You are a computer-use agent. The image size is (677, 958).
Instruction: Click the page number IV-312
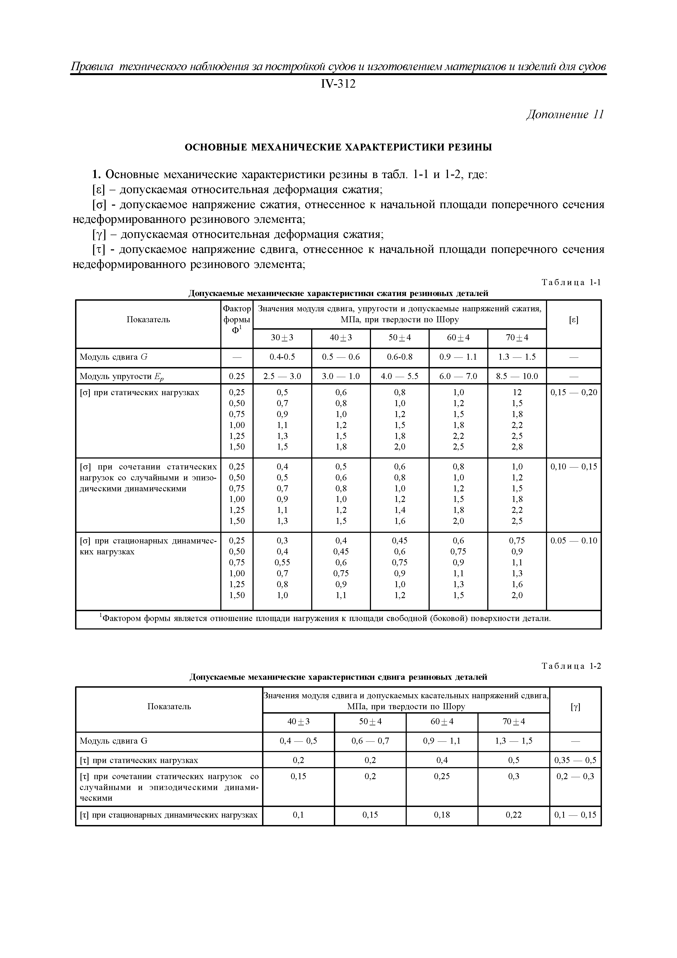(338, 84)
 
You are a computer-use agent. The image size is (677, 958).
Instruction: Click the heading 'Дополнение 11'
(565, 115)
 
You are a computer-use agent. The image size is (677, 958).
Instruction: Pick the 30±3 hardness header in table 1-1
(282, 338)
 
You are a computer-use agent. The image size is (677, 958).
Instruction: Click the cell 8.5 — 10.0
(517, 376)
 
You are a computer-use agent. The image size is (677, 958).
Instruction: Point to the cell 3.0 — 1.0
(341, 376)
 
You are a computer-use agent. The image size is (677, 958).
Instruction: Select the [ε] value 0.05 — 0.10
(574, 541)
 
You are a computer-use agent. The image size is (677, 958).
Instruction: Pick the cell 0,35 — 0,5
(575, 760)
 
